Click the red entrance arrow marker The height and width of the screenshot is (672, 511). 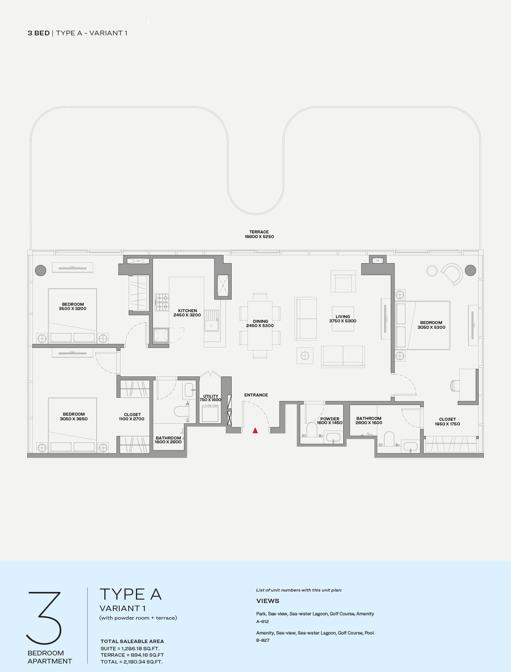click(x=255, y=431)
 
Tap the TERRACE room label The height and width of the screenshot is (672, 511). click(x=259, y=232)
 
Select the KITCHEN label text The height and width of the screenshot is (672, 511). click(x=187, y=310)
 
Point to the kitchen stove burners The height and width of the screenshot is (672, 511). click(x=162, y=302)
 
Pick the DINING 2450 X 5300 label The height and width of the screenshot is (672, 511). click(x=260, y=323)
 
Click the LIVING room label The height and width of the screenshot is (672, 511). click(x=343, y=316)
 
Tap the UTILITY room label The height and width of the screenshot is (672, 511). click(x=211, y=396)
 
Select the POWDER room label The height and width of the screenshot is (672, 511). click(x=330, y=419)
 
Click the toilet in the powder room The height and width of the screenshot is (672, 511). click(x=312, y=430)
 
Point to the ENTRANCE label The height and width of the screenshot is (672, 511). click(x=256, y=395)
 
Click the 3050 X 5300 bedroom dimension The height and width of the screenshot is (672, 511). click(x=431, y=327)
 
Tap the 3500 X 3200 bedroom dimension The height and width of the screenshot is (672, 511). click(x=72, y=309)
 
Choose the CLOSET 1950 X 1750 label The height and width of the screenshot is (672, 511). click(x=448, y=422)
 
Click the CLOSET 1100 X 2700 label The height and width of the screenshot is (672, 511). click(x=132, y=416)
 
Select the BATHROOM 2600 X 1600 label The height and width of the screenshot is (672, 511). click(x=369, y=420)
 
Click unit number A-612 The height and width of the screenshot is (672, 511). click(x=263, y=621)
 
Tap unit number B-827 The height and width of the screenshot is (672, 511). click(x=263, y=640)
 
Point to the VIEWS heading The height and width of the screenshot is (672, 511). click(x=268, y=601)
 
